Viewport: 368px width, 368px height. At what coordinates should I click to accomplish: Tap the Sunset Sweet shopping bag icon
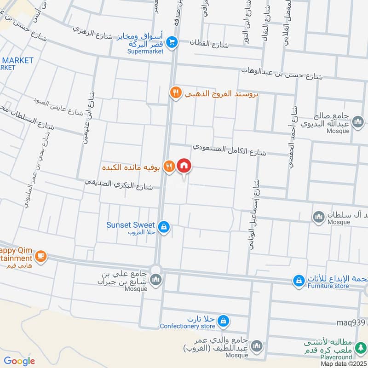click(163, 227)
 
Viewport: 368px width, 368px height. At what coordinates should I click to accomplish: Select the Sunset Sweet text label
click(131, 225)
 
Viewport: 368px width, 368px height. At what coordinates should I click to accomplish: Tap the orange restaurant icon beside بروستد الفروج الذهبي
click(175, 92)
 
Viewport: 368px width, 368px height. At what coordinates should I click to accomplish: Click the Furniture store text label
click(328, 286)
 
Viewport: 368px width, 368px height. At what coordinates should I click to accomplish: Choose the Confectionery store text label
click(188, 327)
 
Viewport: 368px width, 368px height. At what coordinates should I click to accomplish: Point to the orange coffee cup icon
click(40, 256)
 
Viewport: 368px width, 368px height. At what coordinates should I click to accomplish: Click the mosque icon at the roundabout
click(156, 280)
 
